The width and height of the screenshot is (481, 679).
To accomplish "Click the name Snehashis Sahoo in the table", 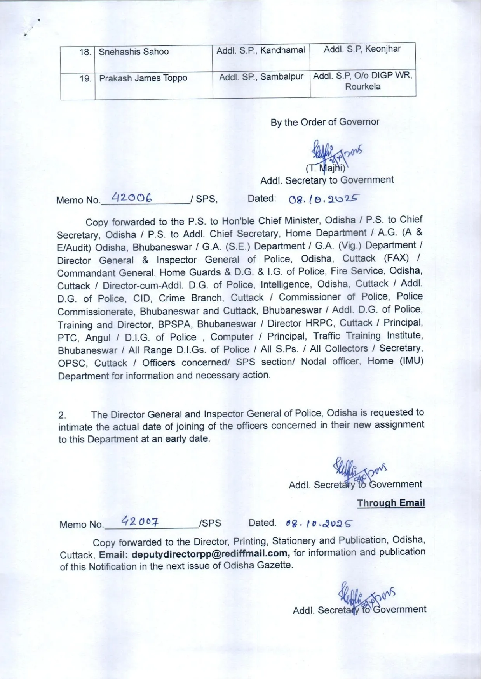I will [x=134, y=52].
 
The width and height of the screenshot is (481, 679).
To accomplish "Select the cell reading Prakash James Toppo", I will [x=143, y=78].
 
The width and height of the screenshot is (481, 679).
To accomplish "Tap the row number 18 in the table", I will [x=85, y=52].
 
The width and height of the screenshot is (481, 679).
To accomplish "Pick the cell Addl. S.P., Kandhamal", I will [x=260, y=50].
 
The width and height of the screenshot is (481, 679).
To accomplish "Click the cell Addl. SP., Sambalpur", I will [x=261, y=77].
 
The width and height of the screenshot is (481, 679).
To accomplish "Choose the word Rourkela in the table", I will [x=363, y=87].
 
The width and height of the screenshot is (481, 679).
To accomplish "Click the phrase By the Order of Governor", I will [x=325, y=122].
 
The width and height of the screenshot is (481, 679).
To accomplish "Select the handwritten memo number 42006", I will [x=131, y=198].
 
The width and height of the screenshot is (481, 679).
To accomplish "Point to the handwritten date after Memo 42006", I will [x=322, y=199].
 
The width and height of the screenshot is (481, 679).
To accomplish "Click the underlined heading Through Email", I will [x=391, y=503].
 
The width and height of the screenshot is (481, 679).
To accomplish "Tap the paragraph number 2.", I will [x=62, y=415].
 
